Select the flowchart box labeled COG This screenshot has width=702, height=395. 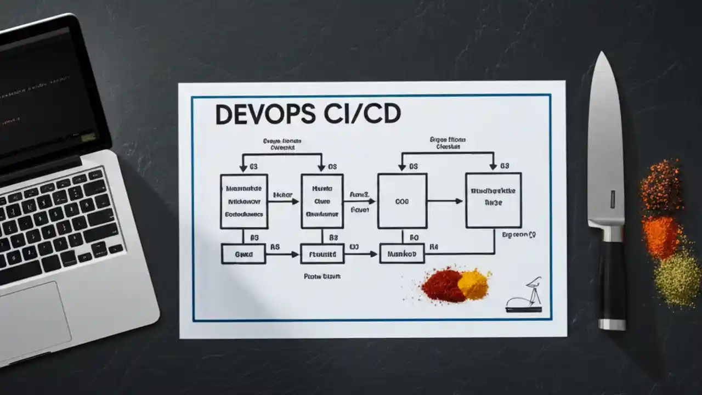pos(402,201)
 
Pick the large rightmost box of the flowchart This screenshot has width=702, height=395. pos(493,200)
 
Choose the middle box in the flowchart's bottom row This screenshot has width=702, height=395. pos(322,254)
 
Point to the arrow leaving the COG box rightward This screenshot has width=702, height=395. pos(445,201)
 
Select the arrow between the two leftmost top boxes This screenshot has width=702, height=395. pos(284,201)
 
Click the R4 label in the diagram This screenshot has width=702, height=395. pos(434,247)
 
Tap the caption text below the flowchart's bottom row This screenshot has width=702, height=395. pos(322,276)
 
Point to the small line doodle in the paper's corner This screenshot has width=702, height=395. pos(525,296)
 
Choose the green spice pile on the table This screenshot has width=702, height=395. pos(679,277)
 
